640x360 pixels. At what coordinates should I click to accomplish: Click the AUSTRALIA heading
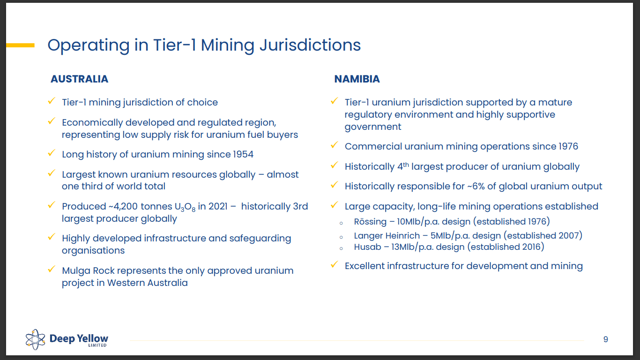point(79,79)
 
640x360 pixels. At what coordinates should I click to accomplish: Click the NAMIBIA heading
point(357,79)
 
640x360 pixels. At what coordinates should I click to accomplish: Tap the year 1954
point(243,154)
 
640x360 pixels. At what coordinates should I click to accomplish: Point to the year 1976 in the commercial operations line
point(568,146)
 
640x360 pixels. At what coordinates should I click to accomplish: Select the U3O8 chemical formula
point(183,207)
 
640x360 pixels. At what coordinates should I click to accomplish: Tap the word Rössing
point(370,221)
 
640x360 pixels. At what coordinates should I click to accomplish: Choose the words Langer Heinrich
point(387,236)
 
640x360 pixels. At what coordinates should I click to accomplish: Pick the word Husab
point(368,247)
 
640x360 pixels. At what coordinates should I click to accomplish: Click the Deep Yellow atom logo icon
point(35,339)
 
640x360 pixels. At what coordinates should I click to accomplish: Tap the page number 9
point(605,339)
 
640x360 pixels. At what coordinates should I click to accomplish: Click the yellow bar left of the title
point(20,45)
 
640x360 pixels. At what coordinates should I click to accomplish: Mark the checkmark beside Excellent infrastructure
point(334,265)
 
